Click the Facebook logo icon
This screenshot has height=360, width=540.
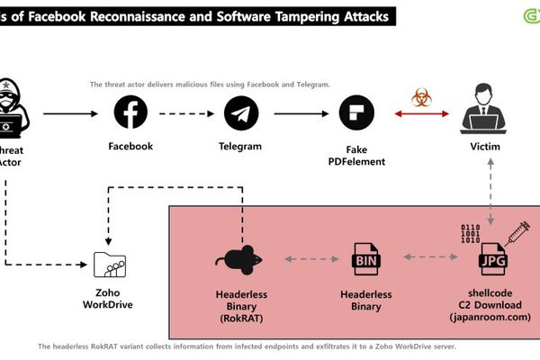click(x=130, y=114)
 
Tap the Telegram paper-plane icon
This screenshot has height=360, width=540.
click(x=240, y=114)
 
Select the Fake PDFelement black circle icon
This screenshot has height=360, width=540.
click(x=355, y=114)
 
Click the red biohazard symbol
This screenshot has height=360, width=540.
click(x=421, y=98)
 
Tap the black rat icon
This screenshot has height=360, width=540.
click(x=239, y=260)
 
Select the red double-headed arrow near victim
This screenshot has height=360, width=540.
click(x=421, y=114)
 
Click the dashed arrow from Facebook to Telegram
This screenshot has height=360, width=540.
click(x=186, y=114)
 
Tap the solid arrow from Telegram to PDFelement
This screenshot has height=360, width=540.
click(x=298, y=114)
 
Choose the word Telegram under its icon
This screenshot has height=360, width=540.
click(x=240, y=146)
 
